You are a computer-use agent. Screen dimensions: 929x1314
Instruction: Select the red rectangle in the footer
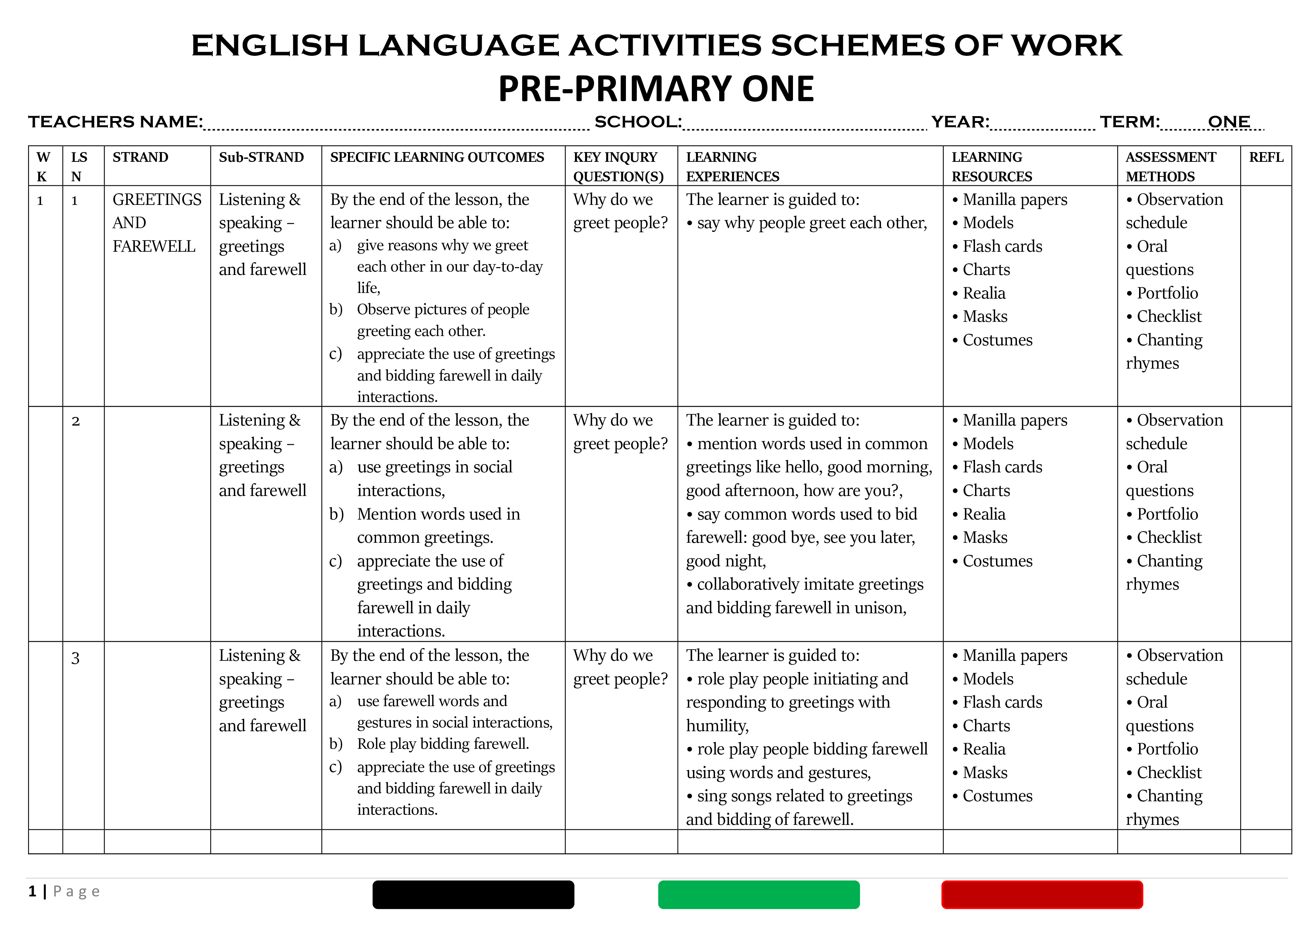[1042, 895]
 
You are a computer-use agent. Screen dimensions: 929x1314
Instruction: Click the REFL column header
[1266, 157]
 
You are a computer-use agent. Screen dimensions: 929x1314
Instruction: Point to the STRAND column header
[140, 157]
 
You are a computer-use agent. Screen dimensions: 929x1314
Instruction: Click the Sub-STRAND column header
[261, 157]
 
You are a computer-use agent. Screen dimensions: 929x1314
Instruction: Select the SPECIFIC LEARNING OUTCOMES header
[437, 157]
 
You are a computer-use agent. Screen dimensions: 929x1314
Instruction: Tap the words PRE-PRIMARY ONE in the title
[656, 89]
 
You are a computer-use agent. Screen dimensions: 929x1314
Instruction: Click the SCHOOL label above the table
[638, 122]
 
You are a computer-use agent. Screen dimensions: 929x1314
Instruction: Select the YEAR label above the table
[960, 122]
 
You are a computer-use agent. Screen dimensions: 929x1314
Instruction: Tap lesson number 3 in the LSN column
[76, 658]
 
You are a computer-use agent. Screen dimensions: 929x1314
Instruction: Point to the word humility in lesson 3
[717, 726]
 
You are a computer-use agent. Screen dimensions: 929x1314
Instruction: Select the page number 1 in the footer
[33, 891]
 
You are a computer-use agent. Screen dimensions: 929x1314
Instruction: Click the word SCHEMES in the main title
[857, 46]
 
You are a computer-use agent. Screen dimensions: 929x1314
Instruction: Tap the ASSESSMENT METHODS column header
[1171, 167]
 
